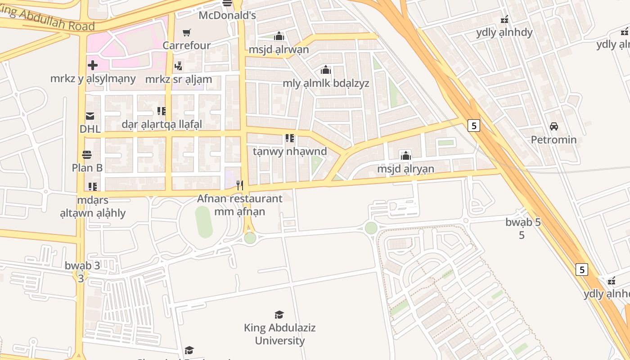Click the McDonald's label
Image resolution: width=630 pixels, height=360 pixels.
227,15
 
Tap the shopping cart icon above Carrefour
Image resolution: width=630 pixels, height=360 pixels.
187,32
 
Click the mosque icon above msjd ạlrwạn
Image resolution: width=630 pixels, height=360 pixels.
279,36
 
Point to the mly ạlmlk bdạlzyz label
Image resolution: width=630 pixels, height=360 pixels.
326,83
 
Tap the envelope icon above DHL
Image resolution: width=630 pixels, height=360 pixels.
90,116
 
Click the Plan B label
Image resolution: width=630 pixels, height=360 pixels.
87,168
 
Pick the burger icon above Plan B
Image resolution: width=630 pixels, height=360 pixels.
87,155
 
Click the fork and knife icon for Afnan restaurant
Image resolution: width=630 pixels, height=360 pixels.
240,185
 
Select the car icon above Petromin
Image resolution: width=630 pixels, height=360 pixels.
554,126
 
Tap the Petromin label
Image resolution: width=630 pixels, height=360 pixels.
553,139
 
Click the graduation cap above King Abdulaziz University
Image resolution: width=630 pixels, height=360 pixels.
279,315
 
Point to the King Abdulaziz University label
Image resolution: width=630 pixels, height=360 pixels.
279,334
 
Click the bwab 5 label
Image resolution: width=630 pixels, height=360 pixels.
523,222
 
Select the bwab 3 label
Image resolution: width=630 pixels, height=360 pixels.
82,265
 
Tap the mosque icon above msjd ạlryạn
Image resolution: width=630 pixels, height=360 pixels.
406,156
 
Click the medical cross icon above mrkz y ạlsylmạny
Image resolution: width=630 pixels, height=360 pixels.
93,65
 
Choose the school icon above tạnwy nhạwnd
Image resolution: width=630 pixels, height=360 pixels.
289,138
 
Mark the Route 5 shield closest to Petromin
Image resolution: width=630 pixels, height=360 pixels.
473,126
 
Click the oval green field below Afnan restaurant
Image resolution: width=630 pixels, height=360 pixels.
203,222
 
